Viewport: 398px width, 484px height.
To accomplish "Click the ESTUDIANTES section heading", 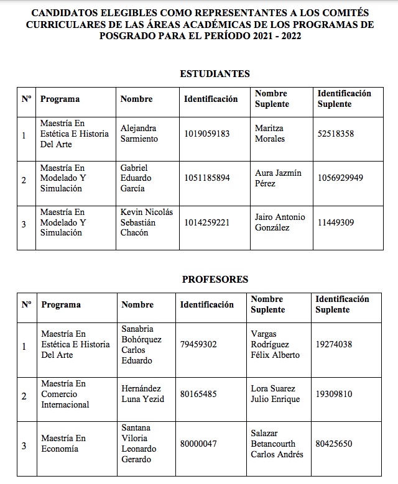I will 215,74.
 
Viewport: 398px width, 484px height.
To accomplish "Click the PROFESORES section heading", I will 215,280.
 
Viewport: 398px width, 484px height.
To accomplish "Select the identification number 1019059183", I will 207,134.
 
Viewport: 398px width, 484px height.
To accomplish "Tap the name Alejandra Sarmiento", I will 139,134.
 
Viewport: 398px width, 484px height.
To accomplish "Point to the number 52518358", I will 336,134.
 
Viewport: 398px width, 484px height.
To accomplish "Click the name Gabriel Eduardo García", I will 137,178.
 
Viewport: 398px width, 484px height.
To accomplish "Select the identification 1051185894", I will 207,178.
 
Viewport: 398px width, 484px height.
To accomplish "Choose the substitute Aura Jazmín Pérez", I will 278,178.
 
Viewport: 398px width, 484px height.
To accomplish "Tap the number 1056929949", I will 340,178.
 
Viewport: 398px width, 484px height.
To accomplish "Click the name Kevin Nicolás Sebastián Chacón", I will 147,222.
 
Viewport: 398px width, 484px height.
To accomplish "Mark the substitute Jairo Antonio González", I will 280,222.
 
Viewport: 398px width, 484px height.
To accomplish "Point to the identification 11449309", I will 336,222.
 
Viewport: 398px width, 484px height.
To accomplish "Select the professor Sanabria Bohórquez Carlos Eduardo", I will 141,345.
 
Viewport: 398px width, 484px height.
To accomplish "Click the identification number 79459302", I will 198,344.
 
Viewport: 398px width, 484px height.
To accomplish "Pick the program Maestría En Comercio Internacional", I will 65,394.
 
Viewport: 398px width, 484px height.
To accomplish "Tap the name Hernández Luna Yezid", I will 142,394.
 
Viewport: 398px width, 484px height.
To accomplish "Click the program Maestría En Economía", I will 63,444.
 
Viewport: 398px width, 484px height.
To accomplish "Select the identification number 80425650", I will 334,444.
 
